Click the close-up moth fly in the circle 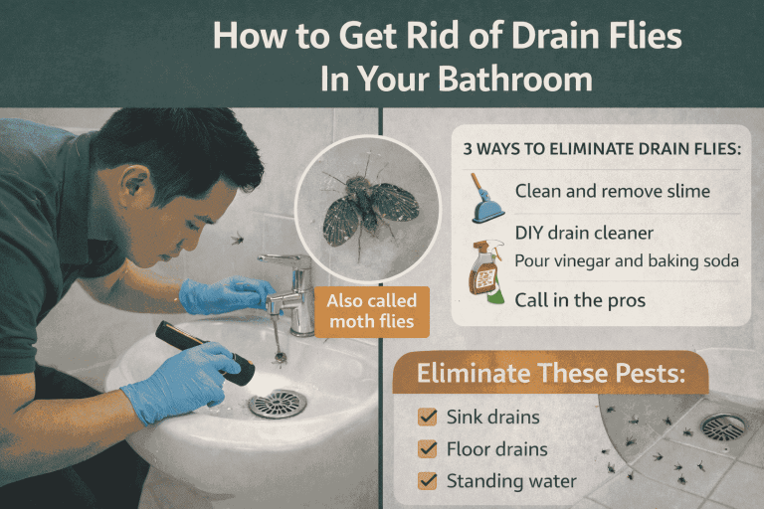(369, 206)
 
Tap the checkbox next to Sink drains (429, 418)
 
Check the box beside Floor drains (429, 449)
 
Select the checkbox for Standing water (429, 481)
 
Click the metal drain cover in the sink (278, 403)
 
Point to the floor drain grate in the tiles (723, 426)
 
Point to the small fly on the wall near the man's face (237, 239)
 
